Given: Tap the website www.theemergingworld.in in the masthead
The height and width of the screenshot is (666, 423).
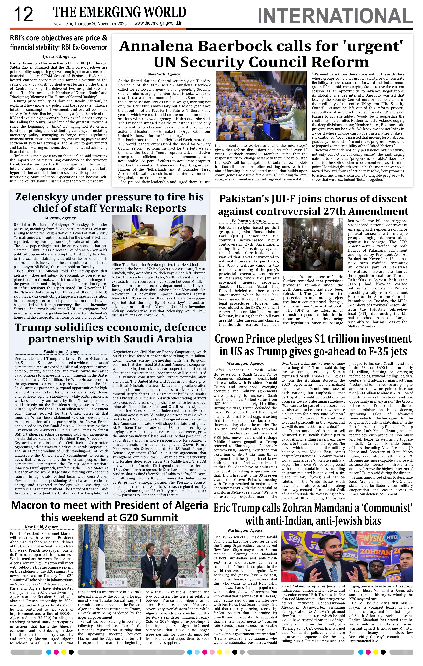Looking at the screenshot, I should [158, 23].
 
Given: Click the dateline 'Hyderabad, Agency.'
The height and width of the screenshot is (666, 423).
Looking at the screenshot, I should [59, 56].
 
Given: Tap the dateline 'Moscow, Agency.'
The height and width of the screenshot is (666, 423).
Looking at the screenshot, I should [61, 218].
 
